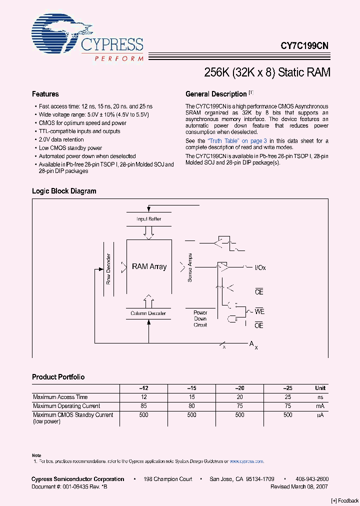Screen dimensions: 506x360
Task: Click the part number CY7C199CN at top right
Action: pos(304,45)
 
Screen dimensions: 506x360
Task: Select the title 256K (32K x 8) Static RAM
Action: pos(267,72)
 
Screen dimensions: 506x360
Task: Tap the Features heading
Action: pos(45,94)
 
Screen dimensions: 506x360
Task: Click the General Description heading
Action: pos(216,94)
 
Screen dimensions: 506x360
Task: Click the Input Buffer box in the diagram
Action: pos(148,219)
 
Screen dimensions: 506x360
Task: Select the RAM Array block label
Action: pos(149,266)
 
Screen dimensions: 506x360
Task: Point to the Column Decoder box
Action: pos(148,313)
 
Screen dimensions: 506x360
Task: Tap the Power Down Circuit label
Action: pos(200,318)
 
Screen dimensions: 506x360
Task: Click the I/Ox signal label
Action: pos(260,268)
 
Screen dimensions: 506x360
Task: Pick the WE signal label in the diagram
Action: pos(259,311)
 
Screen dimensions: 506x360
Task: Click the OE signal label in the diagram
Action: pos(259,325)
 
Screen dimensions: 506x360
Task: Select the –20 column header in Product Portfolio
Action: pos(240,388)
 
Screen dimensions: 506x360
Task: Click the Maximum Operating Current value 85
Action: pos(143,406)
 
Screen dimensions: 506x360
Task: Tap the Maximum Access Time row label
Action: pos(60,397)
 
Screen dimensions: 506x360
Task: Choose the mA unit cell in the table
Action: pos(320,406)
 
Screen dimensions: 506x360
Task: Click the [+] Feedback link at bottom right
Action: pos(344,500)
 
